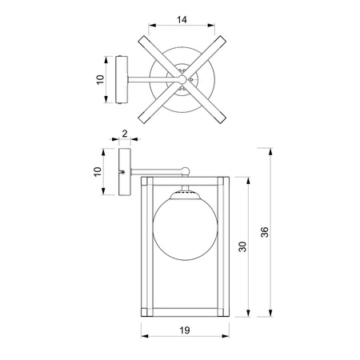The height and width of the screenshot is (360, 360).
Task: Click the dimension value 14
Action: click(182, 19)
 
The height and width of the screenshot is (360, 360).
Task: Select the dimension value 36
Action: click(265, 232)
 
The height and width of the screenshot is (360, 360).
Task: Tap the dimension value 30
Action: click(242, 246)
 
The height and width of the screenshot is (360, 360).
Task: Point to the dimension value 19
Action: click(185, 330)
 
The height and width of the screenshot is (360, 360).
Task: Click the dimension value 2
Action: click(125, 134)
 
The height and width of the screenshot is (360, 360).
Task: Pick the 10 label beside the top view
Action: click(100, 80)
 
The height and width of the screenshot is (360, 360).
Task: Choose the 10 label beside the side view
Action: click(98, 171)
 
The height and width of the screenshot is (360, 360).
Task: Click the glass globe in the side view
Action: click(186, 229)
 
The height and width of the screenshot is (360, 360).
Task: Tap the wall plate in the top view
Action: click(122, 79)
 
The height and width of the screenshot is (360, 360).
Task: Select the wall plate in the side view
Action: click(125, 172)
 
